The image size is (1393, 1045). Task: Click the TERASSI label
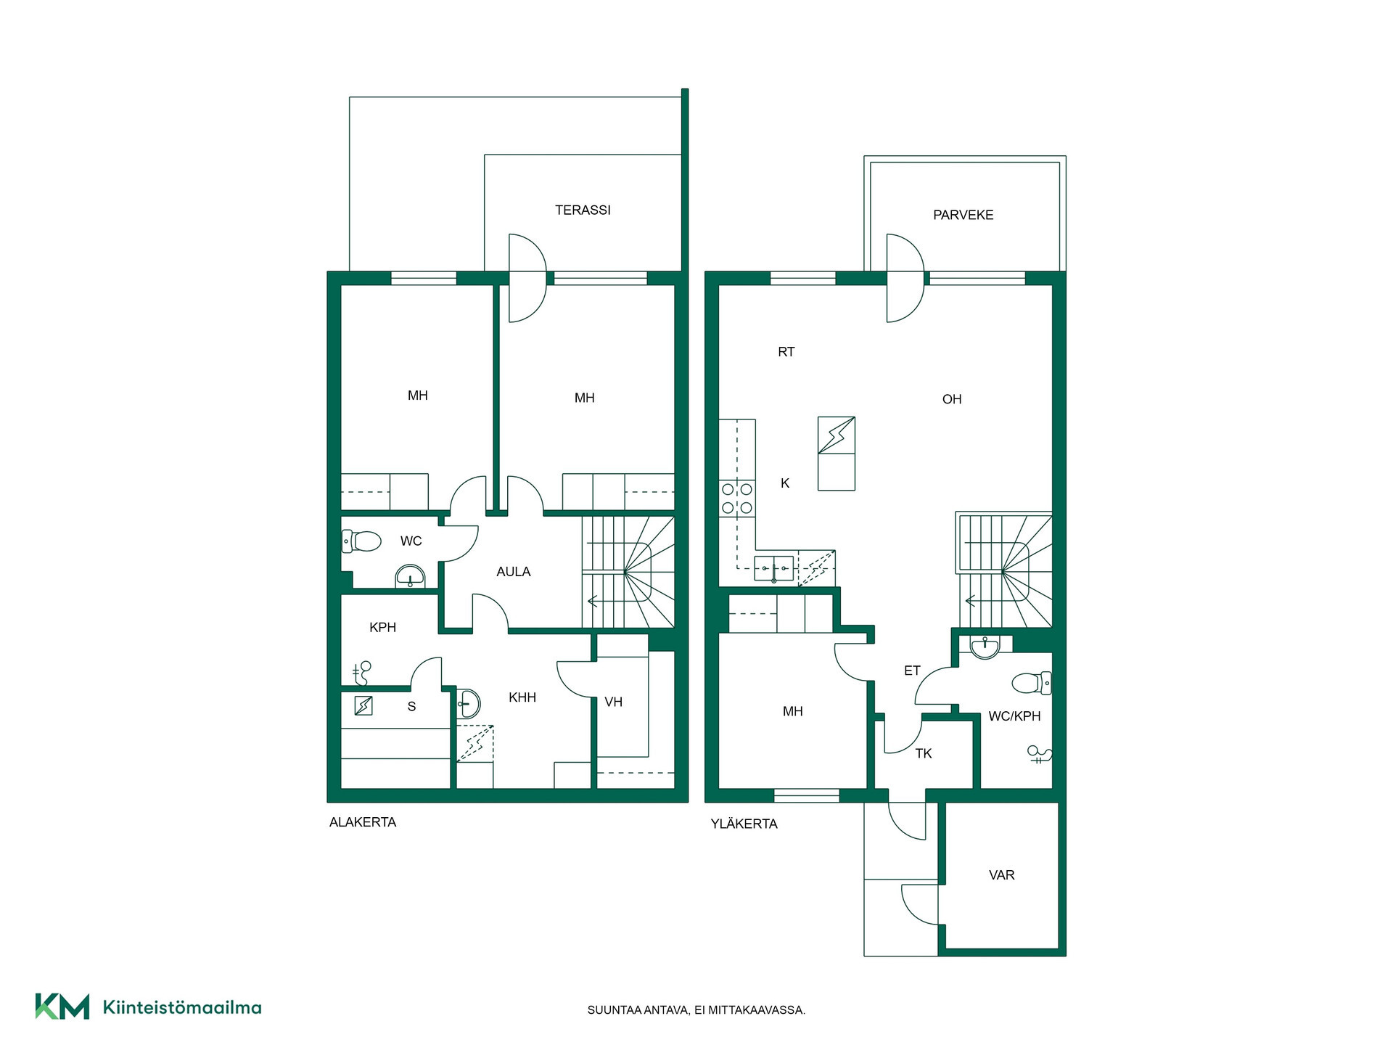(x=583, y=210)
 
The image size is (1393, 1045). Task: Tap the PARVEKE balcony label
(x=963, y=215)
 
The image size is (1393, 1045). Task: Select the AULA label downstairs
(x=513, y=572)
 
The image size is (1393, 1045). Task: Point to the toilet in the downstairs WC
(x=361, y=541)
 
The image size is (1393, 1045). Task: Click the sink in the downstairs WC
(x=410, y=576)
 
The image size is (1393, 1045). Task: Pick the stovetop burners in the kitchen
(x=737, y=499)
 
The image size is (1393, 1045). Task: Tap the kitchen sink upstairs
(x=773, y=568)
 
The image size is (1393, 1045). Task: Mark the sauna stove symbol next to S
(x=363, y=705)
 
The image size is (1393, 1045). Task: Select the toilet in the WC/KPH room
(x=1031, y=683)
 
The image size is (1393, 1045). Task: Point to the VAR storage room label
(x=1001, y=875)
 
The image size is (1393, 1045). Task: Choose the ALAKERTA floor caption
(x=363, y=822)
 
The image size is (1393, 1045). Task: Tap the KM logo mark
(x=62, y=1007)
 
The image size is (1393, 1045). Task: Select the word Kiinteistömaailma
(x=182, y=1007)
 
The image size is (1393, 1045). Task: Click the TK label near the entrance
(x=923, y=754)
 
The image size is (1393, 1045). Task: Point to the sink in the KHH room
(x=469, y=703)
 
